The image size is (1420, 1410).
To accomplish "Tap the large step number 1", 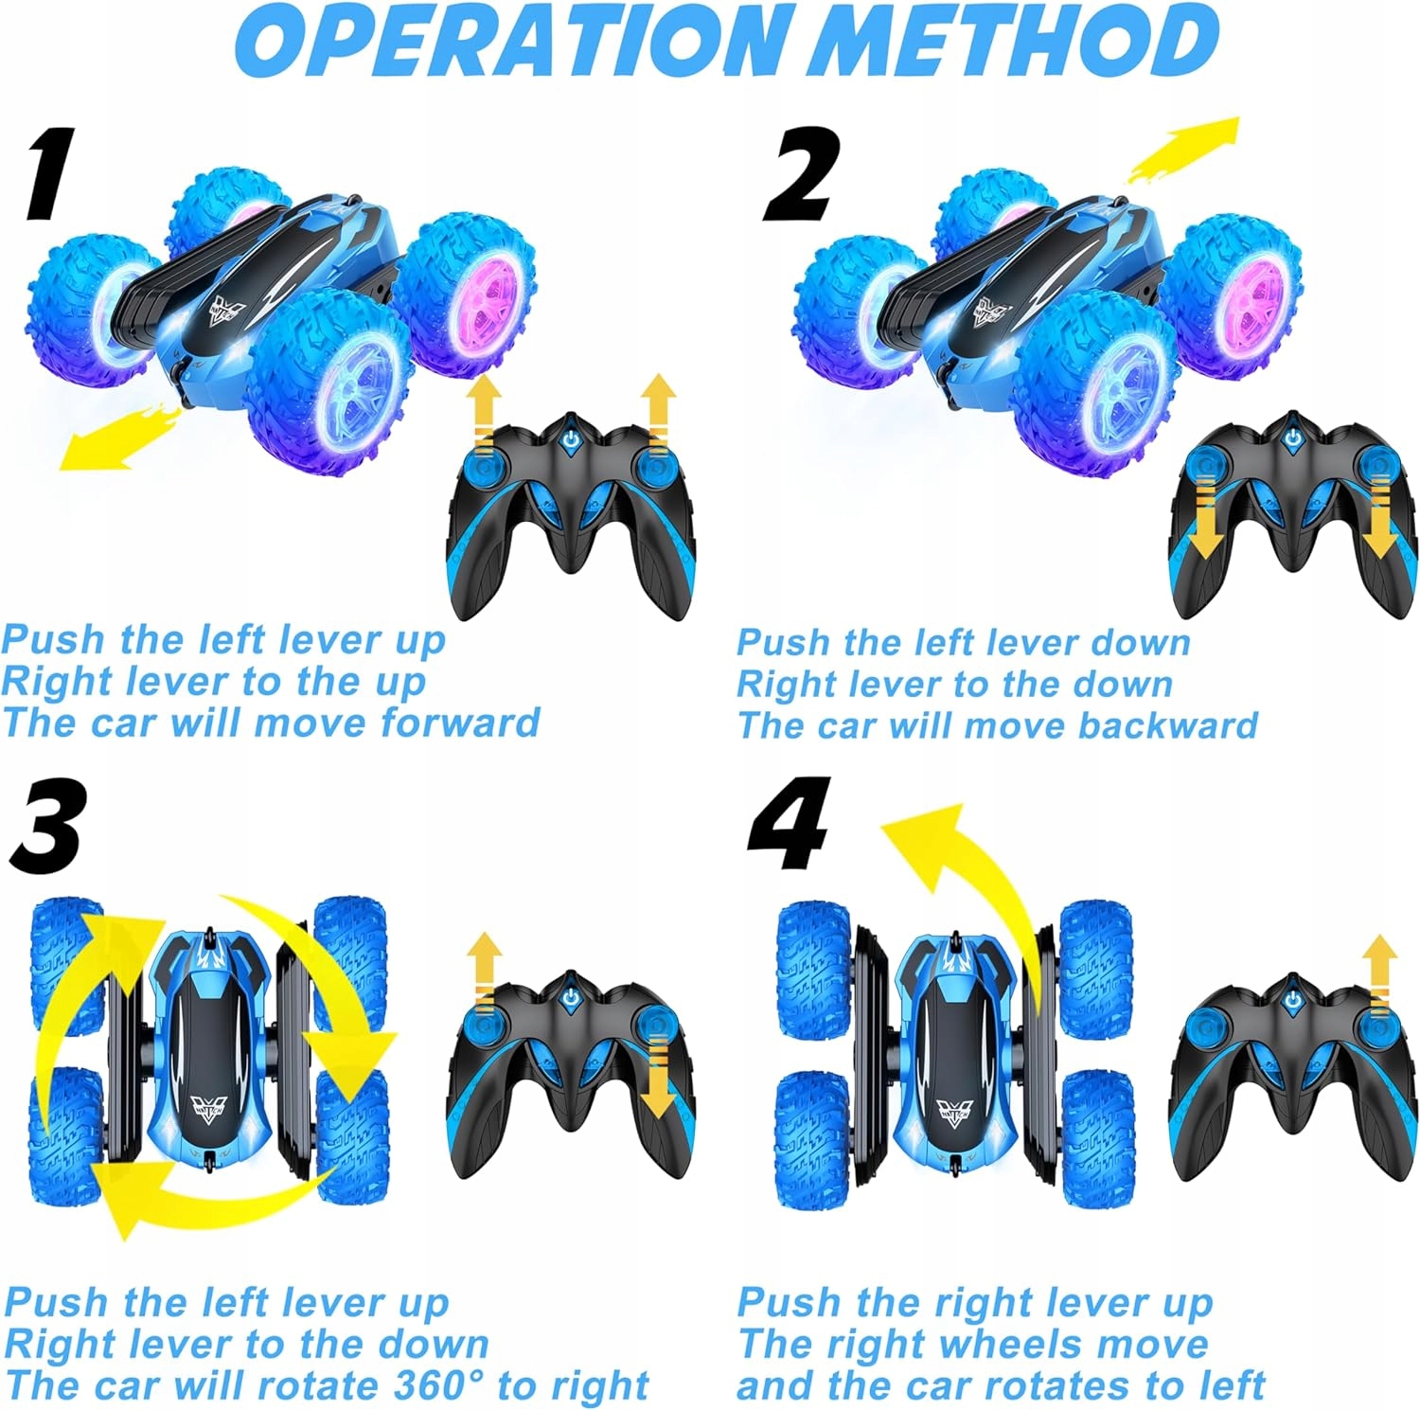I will pos(47,174).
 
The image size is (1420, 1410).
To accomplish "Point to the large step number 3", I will pos(47,826).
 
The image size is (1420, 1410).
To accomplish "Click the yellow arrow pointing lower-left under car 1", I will pos(114,439).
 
